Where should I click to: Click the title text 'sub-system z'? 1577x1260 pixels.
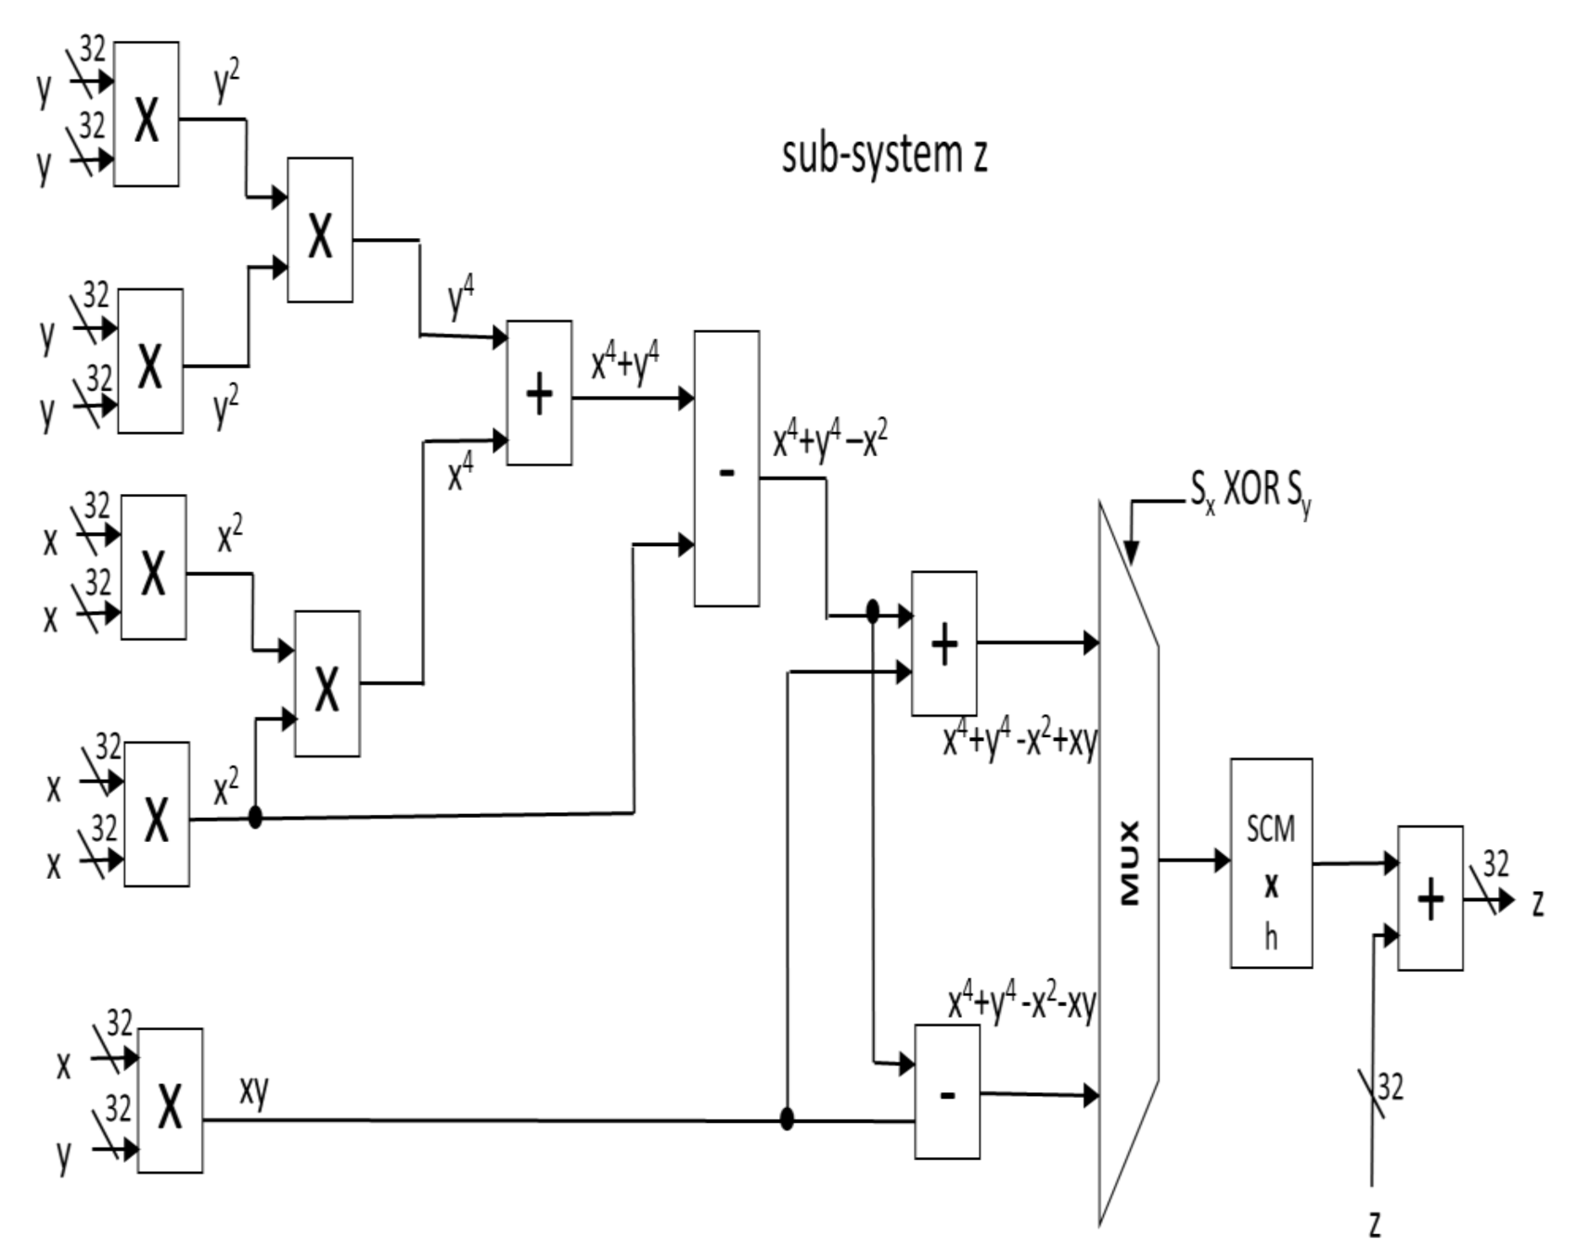884,155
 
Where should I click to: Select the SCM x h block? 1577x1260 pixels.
1271,863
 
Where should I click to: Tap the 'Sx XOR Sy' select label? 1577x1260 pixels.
1251,490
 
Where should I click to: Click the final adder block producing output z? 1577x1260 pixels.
1430,898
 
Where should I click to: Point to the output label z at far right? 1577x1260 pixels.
1538,901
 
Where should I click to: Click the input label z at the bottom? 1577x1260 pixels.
1375,1224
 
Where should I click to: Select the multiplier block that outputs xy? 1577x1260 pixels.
170,1101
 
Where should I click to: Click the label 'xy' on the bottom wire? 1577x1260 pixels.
253,1090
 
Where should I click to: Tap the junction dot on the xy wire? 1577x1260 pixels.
787,1119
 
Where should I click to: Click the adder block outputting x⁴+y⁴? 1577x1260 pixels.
539,393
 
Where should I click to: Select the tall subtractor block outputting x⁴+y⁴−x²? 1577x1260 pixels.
726,468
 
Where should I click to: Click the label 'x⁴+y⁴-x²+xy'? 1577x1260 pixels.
1019,742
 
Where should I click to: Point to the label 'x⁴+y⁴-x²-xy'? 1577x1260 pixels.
1021,1004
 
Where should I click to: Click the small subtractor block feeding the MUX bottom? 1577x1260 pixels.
947,1091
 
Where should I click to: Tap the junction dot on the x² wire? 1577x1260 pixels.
255,818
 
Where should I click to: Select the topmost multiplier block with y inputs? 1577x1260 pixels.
147,114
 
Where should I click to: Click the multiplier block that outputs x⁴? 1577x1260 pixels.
327,684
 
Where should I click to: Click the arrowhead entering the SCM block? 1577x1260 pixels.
1222,860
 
